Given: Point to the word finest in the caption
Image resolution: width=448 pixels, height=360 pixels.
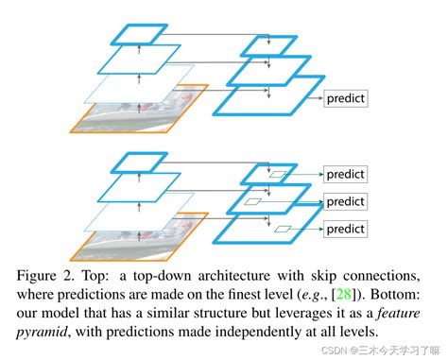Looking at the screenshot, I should tap(268, 294).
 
